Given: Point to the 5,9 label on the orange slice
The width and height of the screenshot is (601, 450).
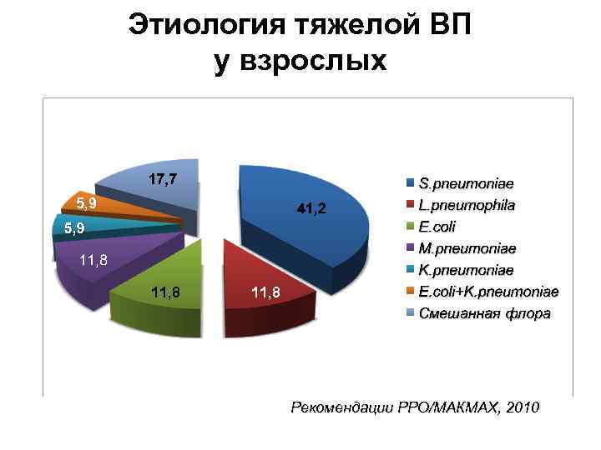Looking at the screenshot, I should tap(85, 202).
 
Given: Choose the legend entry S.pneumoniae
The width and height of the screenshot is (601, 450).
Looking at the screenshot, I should tap(466, 182).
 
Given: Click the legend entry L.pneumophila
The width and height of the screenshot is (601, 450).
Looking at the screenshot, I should tap(467, 203).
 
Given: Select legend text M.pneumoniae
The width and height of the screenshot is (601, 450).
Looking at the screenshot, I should tap(467, 248).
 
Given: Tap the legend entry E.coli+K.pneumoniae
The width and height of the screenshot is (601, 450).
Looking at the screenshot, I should tap(488, 292).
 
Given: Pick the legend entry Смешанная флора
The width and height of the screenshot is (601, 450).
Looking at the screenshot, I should tap(484, 314).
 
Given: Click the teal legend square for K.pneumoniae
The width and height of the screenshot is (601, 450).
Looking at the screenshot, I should tap(411, 270).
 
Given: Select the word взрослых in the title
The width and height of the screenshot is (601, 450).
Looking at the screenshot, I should tap(326, 62).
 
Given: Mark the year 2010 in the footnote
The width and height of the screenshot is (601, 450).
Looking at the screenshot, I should tap(523, 407).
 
